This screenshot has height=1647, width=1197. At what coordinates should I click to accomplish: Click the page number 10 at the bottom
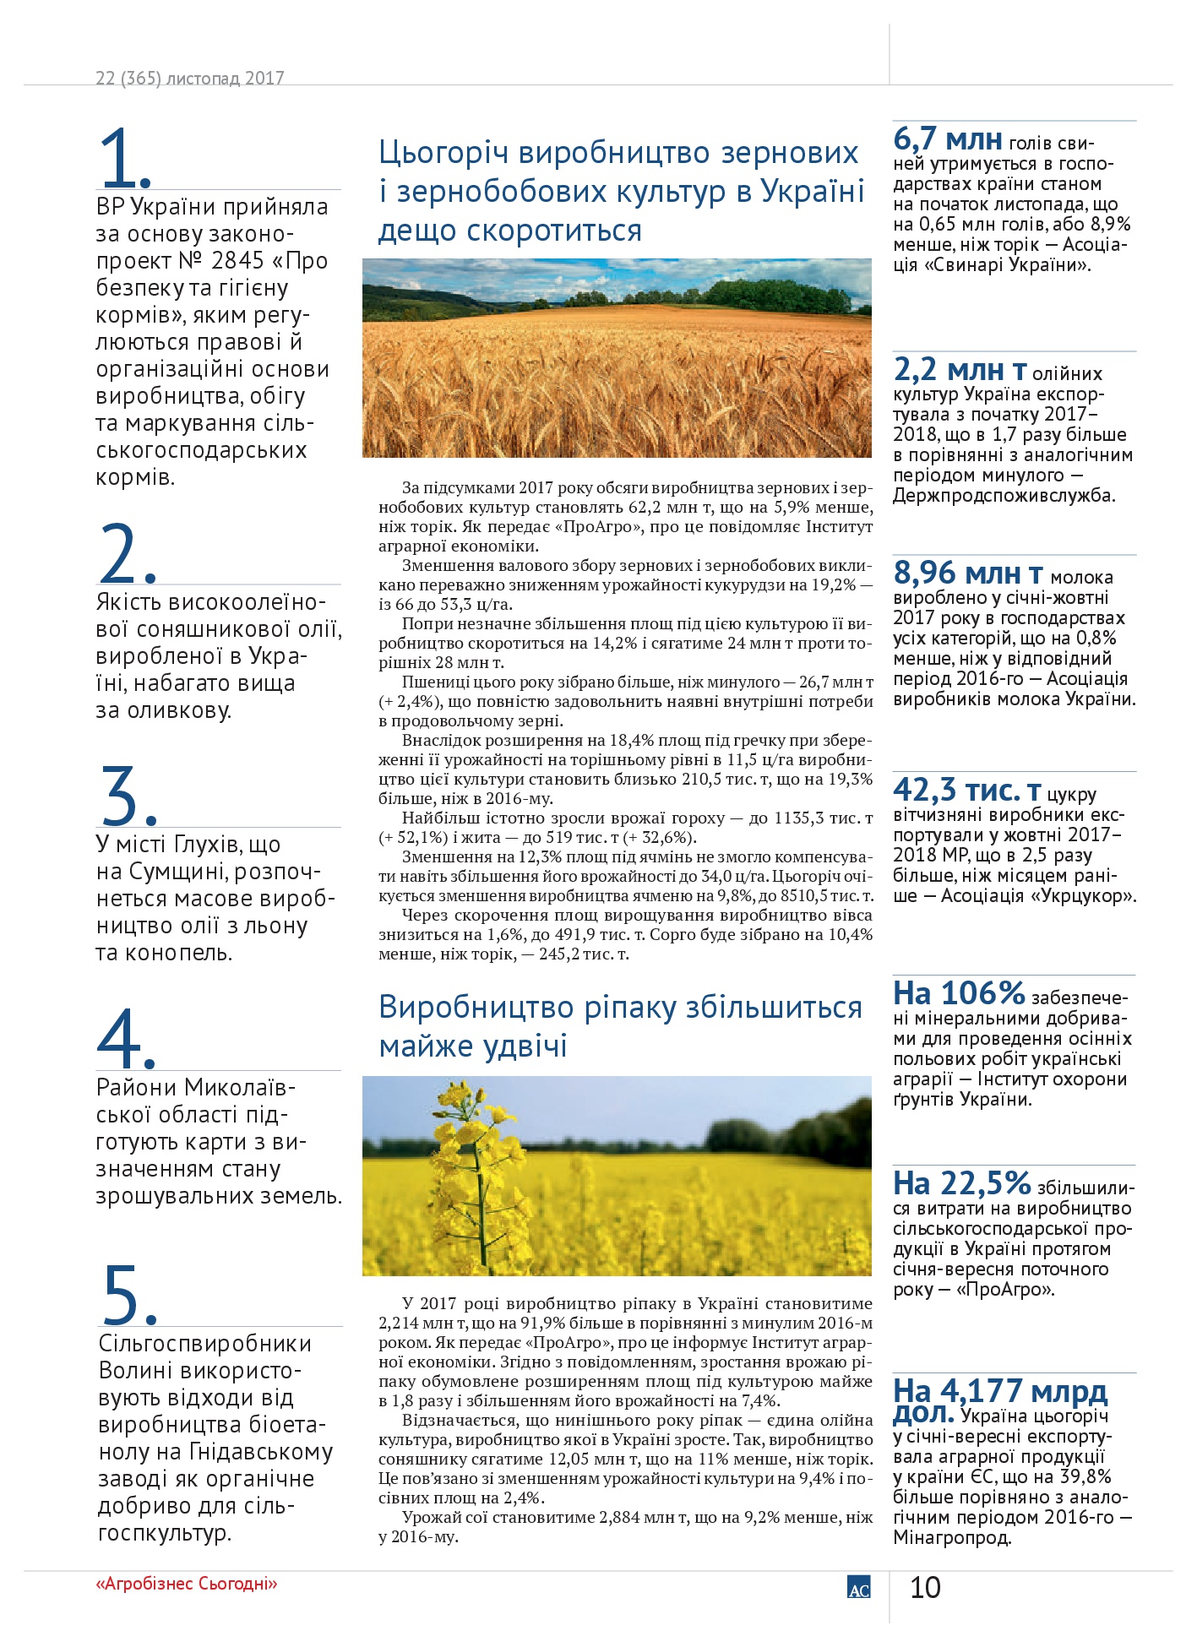tap(925, 1588)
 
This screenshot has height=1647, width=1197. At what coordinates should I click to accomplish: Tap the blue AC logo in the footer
tap(858, 1587)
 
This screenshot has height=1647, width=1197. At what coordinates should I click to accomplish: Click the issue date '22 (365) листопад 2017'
tap(190, 78)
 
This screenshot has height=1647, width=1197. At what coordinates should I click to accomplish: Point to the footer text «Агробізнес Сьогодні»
tap(187, 1584)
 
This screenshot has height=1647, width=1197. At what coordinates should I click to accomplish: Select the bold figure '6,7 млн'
tap(948, 139)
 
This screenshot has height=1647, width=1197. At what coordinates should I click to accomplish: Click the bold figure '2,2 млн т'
tap(960, 370)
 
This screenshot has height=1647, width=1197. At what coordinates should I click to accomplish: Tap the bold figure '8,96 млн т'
tap(968, 573)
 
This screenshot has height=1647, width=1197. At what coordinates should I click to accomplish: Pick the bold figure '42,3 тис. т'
tap(967, 791)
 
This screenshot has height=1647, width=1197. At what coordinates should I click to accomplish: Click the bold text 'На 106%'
tap(959, 993)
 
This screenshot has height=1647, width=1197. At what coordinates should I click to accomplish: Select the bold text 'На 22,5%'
tap(962, 1183)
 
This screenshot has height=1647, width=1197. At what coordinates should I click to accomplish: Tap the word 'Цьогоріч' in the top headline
tap(443, 153)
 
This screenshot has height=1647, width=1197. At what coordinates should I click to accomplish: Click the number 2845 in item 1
tap(238, 261)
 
